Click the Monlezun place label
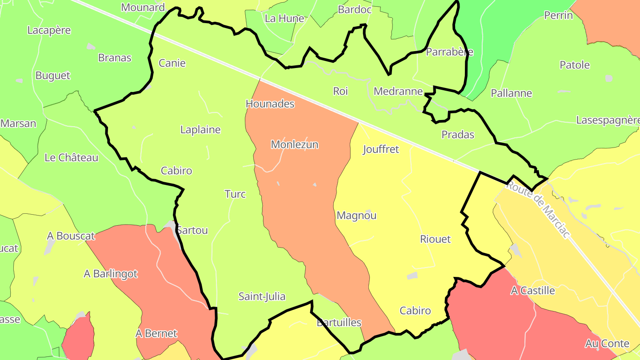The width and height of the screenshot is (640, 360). tap(295, 144)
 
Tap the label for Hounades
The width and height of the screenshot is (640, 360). tap(270, 104)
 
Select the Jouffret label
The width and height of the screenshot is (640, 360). tap(381, 149)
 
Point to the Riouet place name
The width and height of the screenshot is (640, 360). tap(435, 239)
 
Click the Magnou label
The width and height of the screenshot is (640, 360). tap(356, 216)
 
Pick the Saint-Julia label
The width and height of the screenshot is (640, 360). tap(262, 296)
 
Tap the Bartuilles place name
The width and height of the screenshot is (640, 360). tap(339, 323)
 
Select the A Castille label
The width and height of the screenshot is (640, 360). tap(533, 291)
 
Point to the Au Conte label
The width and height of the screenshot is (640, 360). tap(607, 344)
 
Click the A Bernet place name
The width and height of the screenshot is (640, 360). tap(156, 333)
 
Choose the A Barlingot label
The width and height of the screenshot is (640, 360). tap(111, 274)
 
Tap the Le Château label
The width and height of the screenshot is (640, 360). tap(72, 158)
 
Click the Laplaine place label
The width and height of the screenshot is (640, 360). tap(200, 130)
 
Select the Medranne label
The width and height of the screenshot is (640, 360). tap(398, 92)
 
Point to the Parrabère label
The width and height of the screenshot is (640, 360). tap(449, 52)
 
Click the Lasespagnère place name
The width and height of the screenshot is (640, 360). tap(608, 120)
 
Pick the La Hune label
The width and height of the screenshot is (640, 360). tap(284, 19)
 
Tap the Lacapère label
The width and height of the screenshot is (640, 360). tap(49, 30)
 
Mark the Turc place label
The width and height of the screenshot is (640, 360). tap(235, 194)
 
